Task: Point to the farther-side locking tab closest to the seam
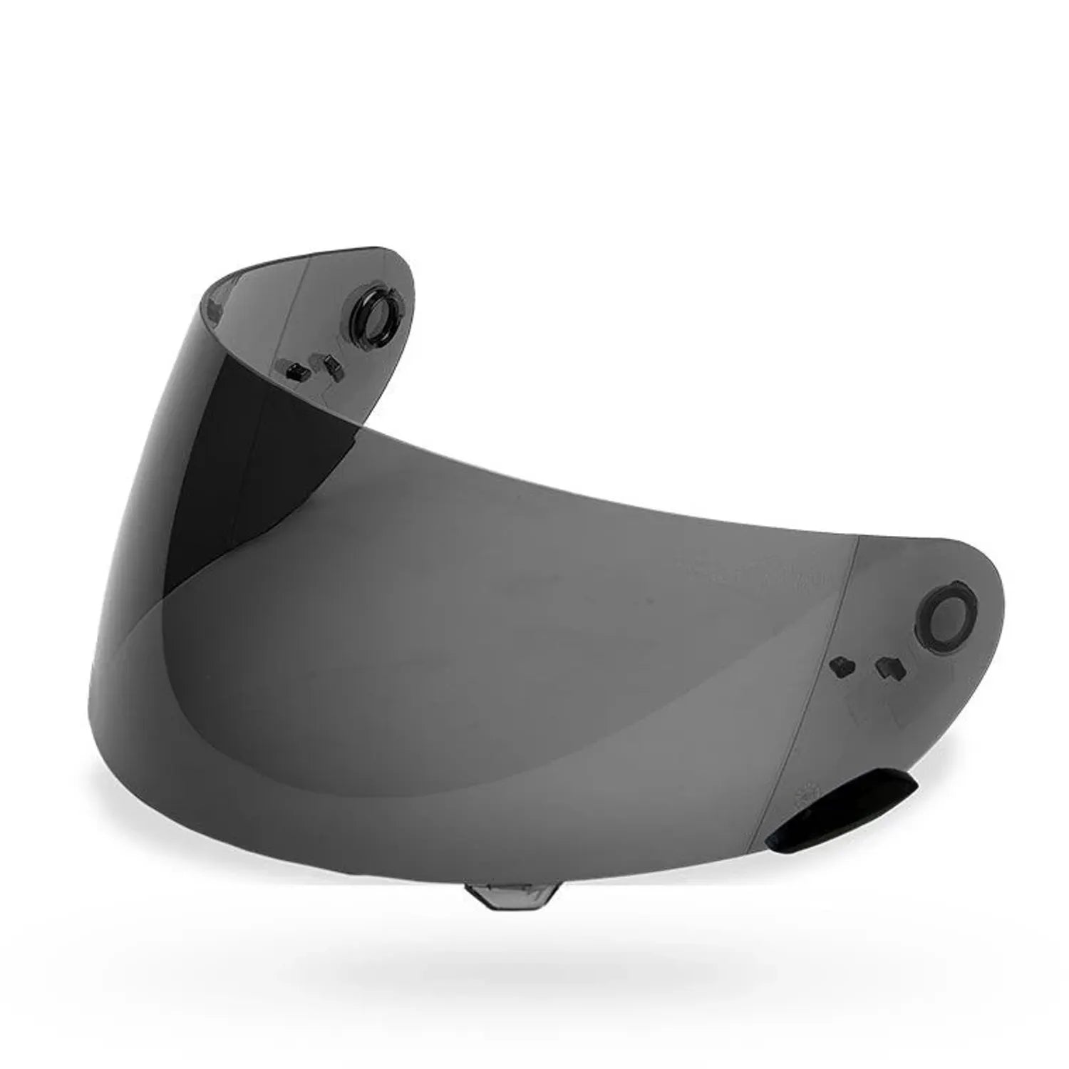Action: pyautogui.click(x=293, y=371)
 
